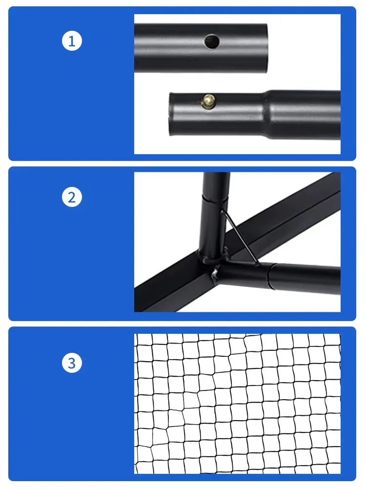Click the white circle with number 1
coord(72,41)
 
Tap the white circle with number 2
coord(72,198)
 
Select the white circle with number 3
coord(72,363)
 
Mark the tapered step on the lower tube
coord(266,112)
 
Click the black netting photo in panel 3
coord(237,404)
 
